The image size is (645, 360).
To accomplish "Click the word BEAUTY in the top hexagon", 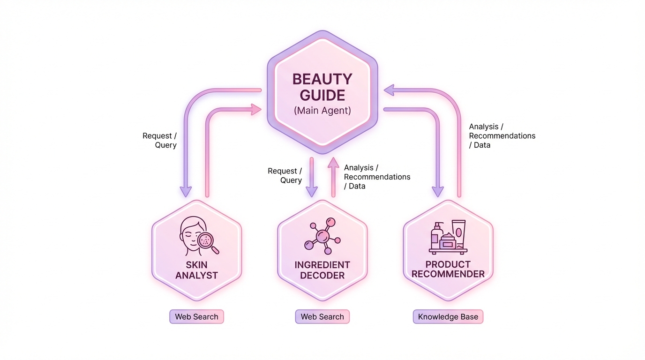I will tap(322, 79).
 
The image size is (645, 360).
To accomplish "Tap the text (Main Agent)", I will tap(322, 111).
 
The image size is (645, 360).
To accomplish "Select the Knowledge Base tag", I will tap(448, 317).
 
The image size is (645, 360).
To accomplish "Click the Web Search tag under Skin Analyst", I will tap(196, 317).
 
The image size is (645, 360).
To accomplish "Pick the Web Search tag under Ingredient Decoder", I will tap(322, 317).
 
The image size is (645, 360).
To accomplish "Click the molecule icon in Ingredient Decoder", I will tap(322, 236).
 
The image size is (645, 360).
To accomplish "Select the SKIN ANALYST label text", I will tap(196, 270).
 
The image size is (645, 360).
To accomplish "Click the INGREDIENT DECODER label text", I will tap(322, 270).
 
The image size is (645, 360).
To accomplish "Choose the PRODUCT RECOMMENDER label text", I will tap(448, 269).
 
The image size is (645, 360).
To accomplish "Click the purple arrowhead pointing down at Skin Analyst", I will tap(186, 192).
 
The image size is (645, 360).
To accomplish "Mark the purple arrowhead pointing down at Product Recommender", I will tap(438, 192).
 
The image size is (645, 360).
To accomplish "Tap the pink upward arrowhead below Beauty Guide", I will tap(333, 162).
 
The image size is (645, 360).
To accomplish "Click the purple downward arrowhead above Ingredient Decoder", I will tap(311, 192).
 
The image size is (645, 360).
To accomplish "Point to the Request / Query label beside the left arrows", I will tap(160, 140).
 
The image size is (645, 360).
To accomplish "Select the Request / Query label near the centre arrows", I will tap(285, 175).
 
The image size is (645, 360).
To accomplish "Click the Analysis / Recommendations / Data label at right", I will tap(502, 135).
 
